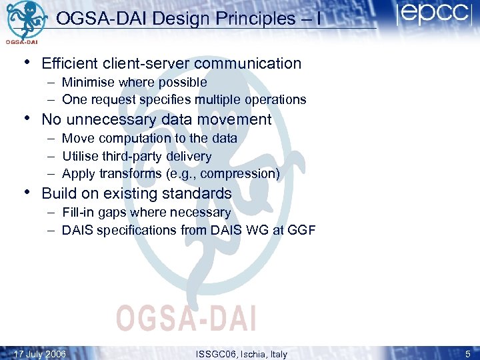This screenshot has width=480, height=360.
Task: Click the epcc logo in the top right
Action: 433,15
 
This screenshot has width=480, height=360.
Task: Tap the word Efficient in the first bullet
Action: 70,63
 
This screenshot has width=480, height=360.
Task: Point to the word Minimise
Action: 87,83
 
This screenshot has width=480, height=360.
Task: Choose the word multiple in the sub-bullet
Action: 223,100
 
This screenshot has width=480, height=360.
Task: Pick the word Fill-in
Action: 79,213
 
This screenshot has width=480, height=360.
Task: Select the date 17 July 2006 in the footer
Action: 40,354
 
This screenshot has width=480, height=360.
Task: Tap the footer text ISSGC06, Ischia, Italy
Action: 242,354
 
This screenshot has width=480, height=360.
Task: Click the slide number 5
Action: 469,354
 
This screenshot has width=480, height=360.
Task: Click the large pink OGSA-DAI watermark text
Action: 186,318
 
